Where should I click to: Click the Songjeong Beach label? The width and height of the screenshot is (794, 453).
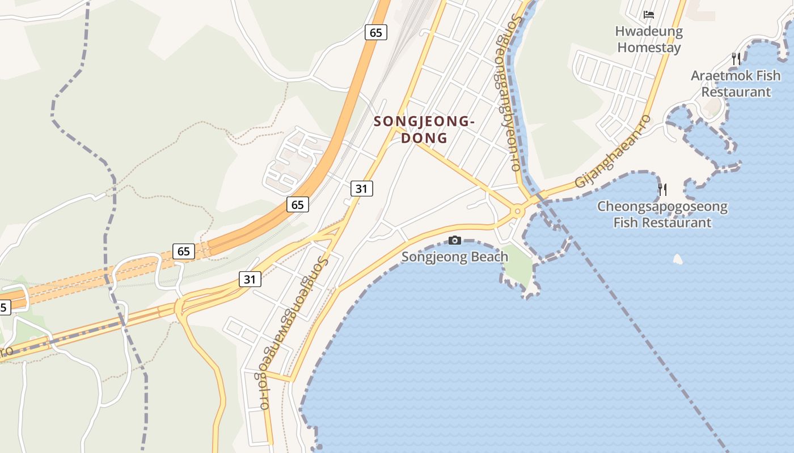point(455,257)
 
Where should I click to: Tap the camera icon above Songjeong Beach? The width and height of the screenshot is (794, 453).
point(455,241)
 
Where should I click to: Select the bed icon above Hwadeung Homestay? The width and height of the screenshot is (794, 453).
point(649,15)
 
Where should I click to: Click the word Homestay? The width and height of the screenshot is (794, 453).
point(649,47)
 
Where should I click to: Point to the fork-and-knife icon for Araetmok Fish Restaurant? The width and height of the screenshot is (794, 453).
point(736,58)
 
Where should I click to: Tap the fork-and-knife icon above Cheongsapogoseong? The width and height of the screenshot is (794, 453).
point(662,189)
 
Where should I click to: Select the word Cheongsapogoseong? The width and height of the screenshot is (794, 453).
point(662,206)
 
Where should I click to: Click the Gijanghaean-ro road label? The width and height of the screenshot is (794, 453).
point(613,151)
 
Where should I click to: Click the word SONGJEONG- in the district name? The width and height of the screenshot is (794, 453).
point(424,121)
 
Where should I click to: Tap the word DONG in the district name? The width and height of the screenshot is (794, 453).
point(424,138)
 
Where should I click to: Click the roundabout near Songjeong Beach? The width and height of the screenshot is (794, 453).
point(517,212)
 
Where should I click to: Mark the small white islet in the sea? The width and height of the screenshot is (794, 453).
point(677,259)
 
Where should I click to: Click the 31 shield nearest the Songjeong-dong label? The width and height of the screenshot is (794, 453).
point(361,189)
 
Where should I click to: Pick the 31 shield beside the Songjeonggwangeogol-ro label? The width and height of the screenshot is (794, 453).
point(250,279)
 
